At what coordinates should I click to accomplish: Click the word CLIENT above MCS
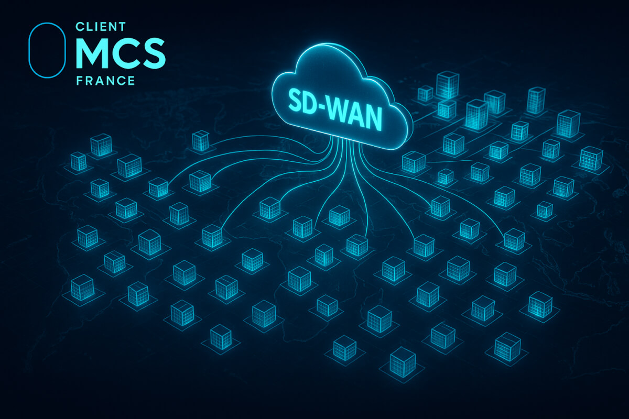pos(101,27)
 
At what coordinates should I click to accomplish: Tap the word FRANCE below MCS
pos(105,81)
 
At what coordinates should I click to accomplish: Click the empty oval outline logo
pos(47,50)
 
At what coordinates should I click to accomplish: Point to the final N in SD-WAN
pos(373,120)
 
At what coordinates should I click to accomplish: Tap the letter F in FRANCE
pos(79,81)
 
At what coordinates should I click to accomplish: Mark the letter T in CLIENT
pos(122,27)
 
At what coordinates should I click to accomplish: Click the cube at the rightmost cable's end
pos(514,239)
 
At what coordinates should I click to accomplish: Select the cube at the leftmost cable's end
pos(158,187)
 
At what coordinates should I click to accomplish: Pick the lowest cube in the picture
pos(403,362)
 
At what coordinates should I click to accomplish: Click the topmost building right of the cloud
pos(448,85)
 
